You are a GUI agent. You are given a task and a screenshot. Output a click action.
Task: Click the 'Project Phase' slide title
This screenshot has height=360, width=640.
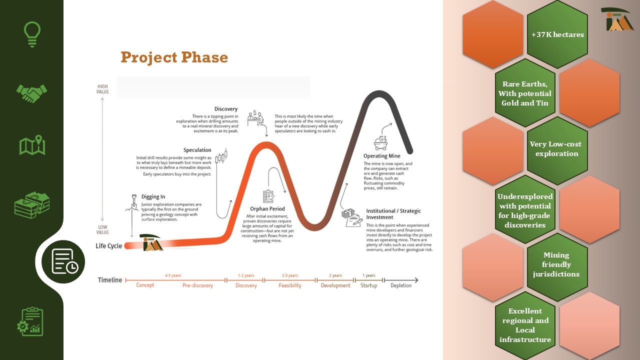click(x=174, y=57)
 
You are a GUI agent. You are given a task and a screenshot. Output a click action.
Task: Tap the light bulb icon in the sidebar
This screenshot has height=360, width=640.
click(x=32, y=34)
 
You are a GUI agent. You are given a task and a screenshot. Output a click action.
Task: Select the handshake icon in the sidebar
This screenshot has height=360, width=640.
click(x=31, y=93)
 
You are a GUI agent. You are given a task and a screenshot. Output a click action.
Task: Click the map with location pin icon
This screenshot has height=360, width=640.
click(x=32, y=145)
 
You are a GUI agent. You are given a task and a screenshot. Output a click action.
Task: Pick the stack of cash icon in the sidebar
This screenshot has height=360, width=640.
click(x=32, y=205)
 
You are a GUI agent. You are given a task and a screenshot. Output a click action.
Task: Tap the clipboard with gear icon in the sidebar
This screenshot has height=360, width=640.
click(x=30, y=321)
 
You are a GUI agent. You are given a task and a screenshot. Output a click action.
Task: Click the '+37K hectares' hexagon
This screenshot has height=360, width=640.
click(x=557, y=34)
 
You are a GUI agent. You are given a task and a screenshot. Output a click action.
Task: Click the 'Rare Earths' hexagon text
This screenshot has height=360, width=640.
click(x=525, y=93)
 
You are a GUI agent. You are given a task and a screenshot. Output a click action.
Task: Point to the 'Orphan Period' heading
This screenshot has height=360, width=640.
click(x=267, y=209)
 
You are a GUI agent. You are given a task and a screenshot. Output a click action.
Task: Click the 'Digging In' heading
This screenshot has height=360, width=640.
click(x=153, y=197)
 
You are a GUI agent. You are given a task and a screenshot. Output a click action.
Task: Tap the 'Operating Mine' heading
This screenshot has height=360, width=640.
click(x=381, y=156)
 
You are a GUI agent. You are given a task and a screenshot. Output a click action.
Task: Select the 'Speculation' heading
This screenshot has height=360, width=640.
click(x=197, y=150)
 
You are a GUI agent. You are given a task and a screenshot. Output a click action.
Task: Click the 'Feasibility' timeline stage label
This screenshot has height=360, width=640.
click(x=290, y=285)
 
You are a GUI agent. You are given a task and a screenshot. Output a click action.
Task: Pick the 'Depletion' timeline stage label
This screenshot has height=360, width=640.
click(x=401, y=285)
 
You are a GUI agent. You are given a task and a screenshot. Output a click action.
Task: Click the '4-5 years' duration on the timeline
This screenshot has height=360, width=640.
click(x=173, y=275)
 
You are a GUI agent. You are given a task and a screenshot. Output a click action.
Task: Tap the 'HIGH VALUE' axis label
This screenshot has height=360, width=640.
click(x=102, y=89)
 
